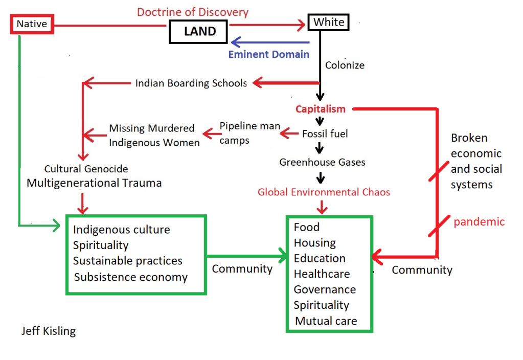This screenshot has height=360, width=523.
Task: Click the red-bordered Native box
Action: click(x=32, y=24)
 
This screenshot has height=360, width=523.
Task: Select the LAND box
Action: click(x=200, y=32)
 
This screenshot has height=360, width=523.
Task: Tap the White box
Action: click(x=329, y=22)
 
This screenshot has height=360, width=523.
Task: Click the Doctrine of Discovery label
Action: click(x=193, y=12)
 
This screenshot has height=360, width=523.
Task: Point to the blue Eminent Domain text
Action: click(x=268, y=54)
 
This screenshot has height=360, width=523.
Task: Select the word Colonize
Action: click(x=345, y=65)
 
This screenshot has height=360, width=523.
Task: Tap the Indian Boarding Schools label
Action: click(x=191, y=83)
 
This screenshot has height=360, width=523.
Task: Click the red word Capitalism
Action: click(x=321, y=109)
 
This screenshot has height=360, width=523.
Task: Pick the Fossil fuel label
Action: click(x=325, y=134)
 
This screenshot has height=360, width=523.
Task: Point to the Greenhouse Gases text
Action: click(x=322, y=162)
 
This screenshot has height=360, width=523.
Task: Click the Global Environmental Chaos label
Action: click(x=324, y=192)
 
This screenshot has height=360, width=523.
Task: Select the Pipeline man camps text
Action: click(x=249, y=132)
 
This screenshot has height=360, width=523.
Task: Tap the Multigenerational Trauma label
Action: click(x=94, y=183)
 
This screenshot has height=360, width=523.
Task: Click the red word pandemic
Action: click(x=479, y=221)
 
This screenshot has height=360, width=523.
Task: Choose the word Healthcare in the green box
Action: click(x=322, y=274)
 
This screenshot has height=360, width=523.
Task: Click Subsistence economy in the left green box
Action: click(x=131, y=277)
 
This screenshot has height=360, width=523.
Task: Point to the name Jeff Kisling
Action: click(x=49, y=331)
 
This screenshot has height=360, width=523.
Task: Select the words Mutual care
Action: click(x=326, y=321)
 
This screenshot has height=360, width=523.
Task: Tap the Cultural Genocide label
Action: click(x=86, y=169)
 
